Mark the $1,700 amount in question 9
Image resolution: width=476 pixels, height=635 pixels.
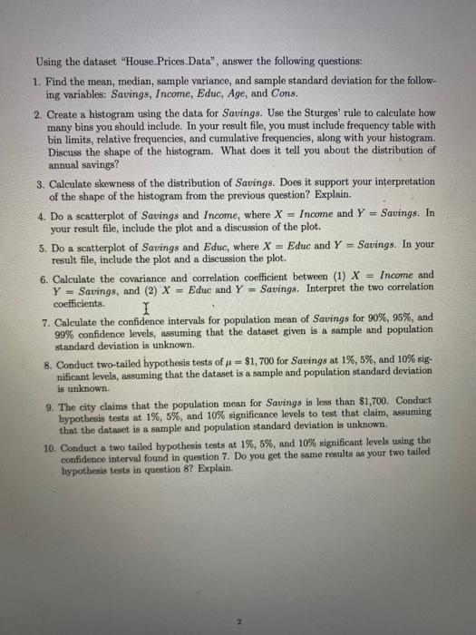pyautogui.click(x=393, y=399)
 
